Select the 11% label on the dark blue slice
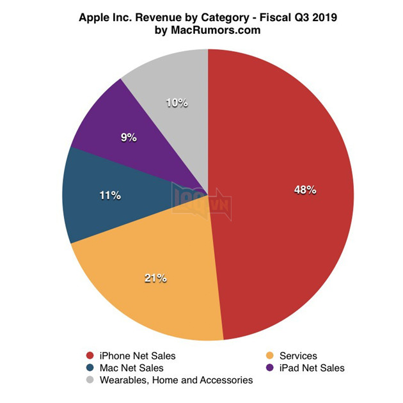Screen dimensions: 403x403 [x=109, y=195]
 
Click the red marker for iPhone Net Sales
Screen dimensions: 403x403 [x=91, y=356]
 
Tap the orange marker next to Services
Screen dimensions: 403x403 [x=269, y=356]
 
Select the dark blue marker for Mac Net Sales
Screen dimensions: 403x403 [x=91, y=368]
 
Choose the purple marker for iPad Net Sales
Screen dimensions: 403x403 [x=269, y=368]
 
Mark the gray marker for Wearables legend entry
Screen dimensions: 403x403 [x=91, y=380]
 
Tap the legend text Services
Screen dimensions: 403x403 [x=298, y=356]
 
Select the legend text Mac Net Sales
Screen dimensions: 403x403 [x=132, y=368]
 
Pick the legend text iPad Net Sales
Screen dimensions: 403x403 [x=312, y=368]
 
